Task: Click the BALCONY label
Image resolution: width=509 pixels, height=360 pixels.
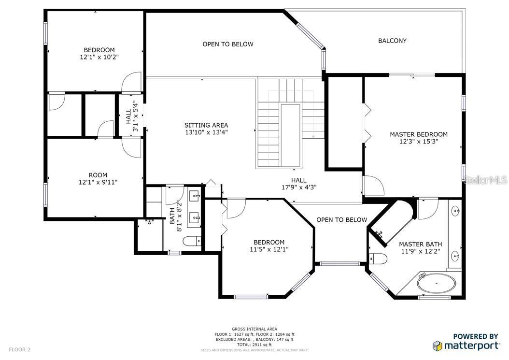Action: point(392,41)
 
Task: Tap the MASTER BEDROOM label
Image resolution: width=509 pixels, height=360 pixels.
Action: point(418,134)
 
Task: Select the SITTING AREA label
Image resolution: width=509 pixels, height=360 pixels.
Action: point(206,125)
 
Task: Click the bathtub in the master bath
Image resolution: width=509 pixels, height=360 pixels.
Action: point(436,283)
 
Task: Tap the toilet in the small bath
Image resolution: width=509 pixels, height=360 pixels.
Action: point(192,241)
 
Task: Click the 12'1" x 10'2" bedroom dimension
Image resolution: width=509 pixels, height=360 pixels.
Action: point(99,57)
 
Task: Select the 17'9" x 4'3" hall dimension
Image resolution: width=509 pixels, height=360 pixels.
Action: point(298,187)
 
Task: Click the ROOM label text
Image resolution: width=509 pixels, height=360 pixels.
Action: point(98,175)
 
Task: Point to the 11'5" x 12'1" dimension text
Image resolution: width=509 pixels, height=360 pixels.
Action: point(269,249)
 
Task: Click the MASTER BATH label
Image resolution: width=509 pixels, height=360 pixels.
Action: point(420,244)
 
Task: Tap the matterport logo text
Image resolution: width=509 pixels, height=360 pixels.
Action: point(471,346)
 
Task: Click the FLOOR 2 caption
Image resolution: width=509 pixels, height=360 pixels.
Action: point(19,349)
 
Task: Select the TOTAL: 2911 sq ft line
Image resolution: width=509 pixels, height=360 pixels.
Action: point(254,345)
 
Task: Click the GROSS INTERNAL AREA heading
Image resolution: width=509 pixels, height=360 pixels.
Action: point(254,329)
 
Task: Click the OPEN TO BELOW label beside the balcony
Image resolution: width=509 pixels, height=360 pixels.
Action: point(228,44)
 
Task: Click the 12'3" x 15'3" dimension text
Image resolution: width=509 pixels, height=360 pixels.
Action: point(419,142)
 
